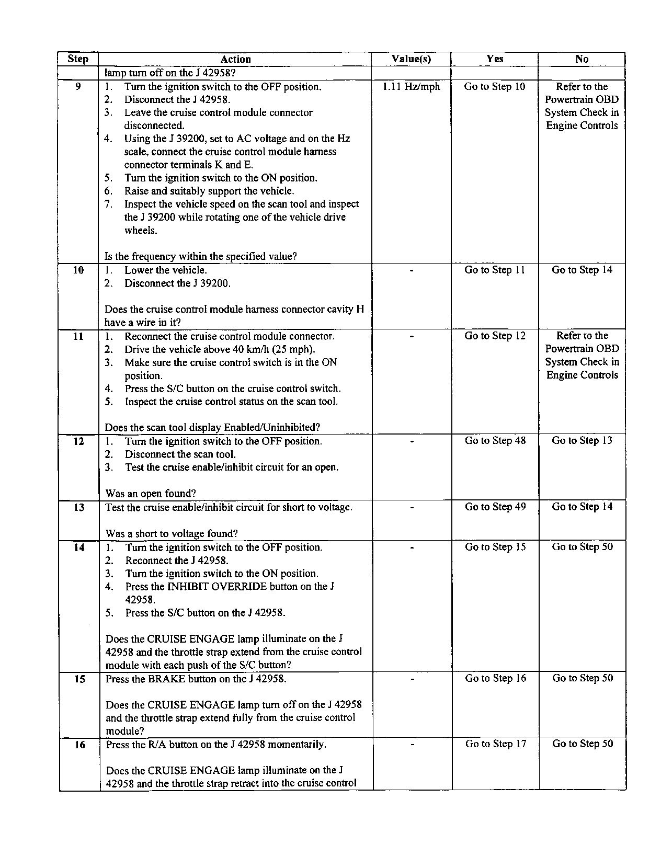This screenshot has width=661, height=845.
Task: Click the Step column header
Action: (x=78, y=59)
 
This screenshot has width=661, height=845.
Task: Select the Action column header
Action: (x=235, y=59)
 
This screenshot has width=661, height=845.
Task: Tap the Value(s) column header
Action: (x=411, y=59)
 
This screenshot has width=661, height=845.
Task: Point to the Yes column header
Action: (x=495, y=59)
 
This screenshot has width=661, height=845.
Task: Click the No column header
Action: (x=582, y=59)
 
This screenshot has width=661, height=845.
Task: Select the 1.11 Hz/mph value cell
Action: (x=412, y=87)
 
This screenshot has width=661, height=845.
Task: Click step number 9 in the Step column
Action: (x=78, y=87)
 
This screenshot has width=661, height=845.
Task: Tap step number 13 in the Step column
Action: (x=79, y=507)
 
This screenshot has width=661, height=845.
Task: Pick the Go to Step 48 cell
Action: (x=495, y=441)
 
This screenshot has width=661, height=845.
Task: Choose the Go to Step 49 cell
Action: (x=495, y=507)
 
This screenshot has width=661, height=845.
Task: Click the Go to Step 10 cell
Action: (x=494, y=87)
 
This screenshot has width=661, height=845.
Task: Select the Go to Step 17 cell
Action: (x=496, y=744)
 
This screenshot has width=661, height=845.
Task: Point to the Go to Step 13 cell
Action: (x=582, y=441)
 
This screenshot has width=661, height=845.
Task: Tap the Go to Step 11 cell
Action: (x=494, y=270)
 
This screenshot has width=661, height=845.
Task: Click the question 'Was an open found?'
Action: (x=151, y=494)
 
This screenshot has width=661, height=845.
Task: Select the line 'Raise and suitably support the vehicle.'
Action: (x=209, y=191)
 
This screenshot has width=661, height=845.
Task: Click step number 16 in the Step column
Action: (x=79, y=745)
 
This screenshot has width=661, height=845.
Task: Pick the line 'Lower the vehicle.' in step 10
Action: (x=165, y=270)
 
